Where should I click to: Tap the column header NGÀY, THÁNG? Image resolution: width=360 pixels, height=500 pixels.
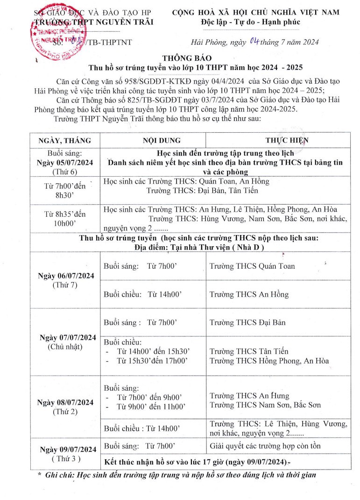pos(65,140)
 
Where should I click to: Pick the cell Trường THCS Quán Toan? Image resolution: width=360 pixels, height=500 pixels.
pos(252,266)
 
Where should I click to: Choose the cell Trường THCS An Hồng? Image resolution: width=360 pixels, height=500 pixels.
pos(249,295)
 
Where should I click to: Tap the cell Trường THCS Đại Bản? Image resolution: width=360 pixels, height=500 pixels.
pos(247,322)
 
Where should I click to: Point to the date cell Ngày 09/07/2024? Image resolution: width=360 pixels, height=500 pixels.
pos(68,450)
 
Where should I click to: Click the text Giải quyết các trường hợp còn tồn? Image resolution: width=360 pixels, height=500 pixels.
pos(265,446)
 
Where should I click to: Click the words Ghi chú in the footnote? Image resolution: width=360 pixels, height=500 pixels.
pos(63,475)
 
